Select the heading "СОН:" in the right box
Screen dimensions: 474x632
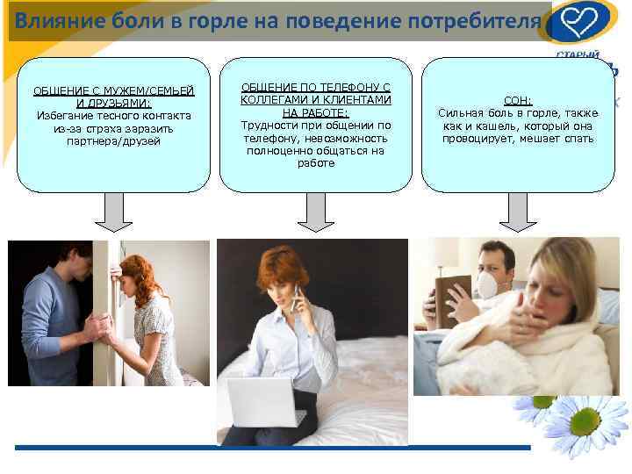tap(518, 101)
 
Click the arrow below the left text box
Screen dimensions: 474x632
tap(114, 212)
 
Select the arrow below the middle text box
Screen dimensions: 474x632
tap(315, 212)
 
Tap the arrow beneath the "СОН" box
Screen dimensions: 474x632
tap(518, 212)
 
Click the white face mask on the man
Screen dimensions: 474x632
tap(485, 283)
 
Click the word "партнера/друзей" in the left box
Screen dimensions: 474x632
tap(114, 140)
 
